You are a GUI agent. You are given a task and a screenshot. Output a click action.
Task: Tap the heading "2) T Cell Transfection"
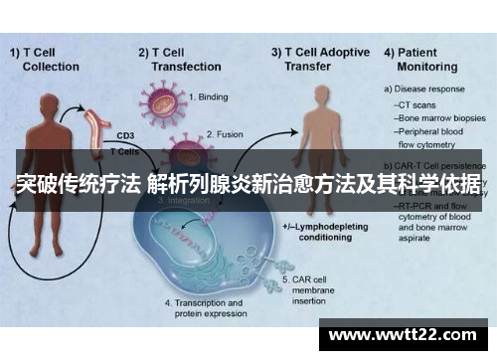point(179,59)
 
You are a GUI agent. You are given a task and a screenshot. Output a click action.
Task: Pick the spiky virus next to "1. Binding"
point(164,103)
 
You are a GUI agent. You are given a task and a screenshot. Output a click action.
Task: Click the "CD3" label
point(125,136)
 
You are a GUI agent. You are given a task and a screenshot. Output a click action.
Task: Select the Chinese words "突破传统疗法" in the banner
point(76,183)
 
